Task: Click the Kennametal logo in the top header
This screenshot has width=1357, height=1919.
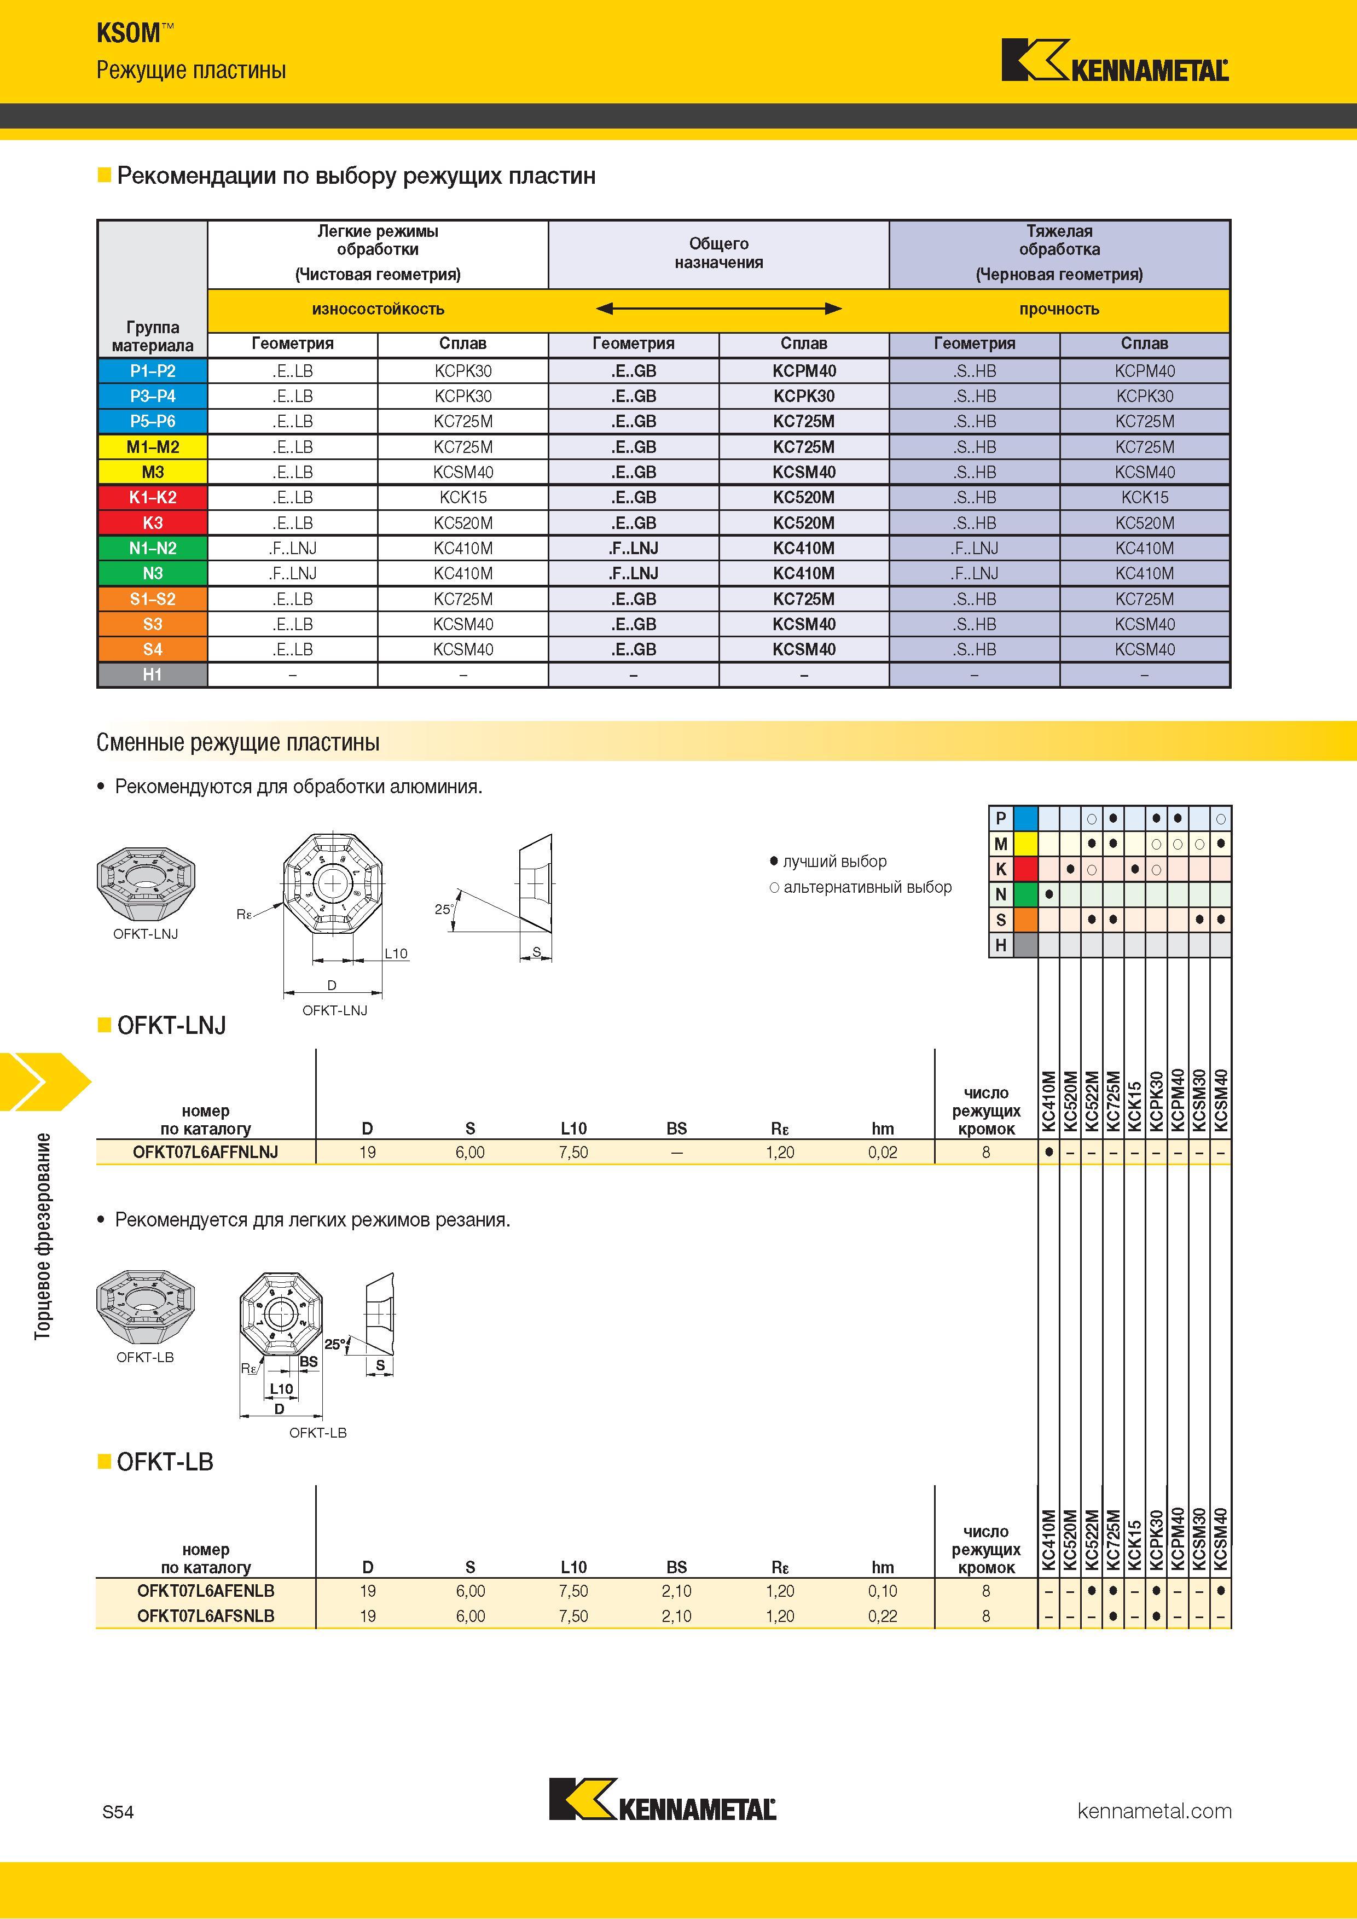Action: (x=1115, y=60)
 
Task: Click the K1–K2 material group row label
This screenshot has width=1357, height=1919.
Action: (x=152, y=497)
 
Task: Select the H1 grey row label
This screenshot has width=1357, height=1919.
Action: (x=152, y=674)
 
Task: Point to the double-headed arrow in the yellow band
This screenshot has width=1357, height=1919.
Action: (x=718, y=309)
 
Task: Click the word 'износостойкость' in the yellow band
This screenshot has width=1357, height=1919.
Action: (x=378, y=309)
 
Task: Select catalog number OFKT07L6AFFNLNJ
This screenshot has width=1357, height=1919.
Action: (x=206, y=1152)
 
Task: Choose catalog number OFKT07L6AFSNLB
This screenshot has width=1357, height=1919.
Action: (x=206, y=1615)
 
